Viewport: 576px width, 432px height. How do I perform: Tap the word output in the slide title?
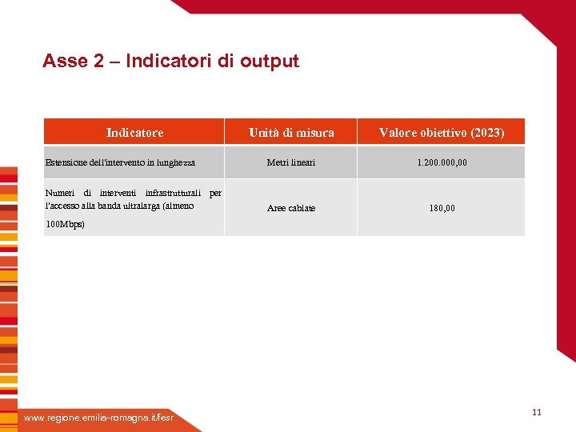pyautogui.click(x=270, y=62)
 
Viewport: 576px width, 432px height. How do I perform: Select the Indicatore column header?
pyautogui.click(x=134, y=132)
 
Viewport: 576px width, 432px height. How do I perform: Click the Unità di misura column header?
pyautogui.click(x=291, y=132)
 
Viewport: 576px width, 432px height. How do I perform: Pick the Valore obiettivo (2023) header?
pyautogui.click(x=442, y=132)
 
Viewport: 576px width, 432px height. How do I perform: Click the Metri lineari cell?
pyautogui.click(x=291, y=162)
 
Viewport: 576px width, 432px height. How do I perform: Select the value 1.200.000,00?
pyautogui.click(x=442, y=162)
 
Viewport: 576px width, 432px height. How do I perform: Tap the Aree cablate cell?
pyautogui.click(x=291, y=208)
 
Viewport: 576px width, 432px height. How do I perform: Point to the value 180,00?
pyautogui.click(x=442, y=208)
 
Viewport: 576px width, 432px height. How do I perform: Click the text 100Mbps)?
pyautogui.click(x=65, y=225)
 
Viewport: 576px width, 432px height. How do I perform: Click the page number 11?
pyautogui.click(x=536, y=412)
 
